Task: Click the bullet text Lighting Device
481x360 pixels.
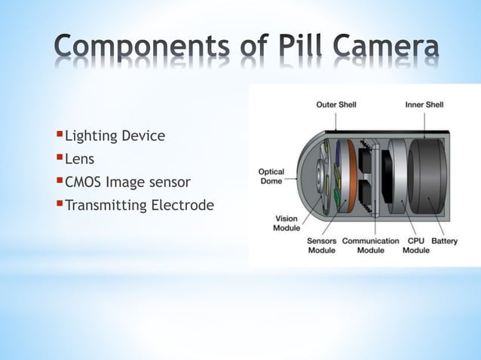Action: point(115,136)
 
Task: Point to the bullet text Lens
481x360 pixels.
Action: point(79,159)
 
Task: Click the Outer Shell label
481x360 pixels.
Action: point(335,104)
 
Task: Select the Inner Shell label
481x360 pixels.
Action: point(424,104)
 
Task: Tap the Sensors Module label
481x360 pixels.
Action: point(322,246)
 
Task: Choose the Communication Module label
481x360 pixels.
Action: point(370,246)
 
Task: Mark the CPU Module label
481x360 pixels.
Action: point(415,246)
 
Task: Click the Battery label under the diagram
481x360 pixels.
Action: point(445,241)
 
